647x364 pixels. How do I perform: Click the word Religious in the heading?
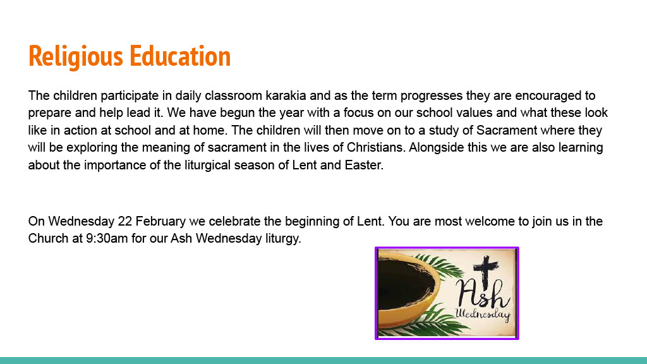pos(76,56)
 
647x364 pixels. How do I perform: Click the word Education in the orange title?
pos(180,56)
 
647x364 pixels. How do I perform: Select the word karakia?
pos(286,95)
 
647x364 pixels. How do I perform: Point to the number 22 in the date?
pos(124,221)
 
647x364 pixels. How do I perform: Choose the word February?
pos(160,222)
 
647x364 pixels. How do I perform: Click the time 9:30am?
pos(107,238)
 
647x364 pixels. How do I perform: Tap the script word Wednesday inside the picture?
pos(483,315)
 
